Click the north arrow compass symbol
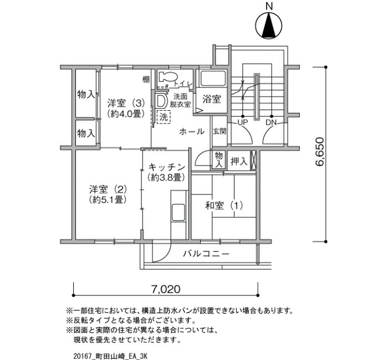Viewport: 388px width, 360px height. tap(268, 25)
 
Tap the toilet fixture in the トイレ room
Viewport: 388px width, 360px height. tap(167, 76)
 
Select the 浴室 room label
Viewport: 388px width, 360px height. tap(212, 99)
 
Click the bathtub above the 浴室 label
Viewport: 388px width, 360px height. tap(213, 79)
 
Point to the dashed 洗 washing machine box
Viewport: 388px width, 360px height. tap(164, 117)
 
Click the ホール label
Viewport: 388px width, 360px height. tap(192, 131)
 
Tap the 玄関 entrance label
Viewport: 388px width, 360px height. tap(219, 131)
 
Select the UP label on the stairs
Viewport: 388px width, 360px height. tap(243, 122)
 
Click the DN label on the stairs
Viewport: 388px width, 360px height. tap(271, 122)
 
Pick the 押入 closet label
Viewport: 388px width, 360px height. tap(239, 161)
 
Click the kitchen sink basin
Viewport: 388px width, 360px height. tap(178, 212)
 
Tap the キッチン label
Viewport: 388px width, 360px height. tap(167, 167)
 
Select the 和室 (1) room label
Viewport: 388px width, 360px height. tap(224, 205)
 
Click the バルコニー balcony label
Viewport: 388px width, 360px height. tap(206, 254)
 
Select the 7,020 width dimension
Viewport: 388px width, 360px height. tap(166, 289)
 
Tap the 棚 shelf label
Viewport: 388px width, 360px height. tap(146, 79)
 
